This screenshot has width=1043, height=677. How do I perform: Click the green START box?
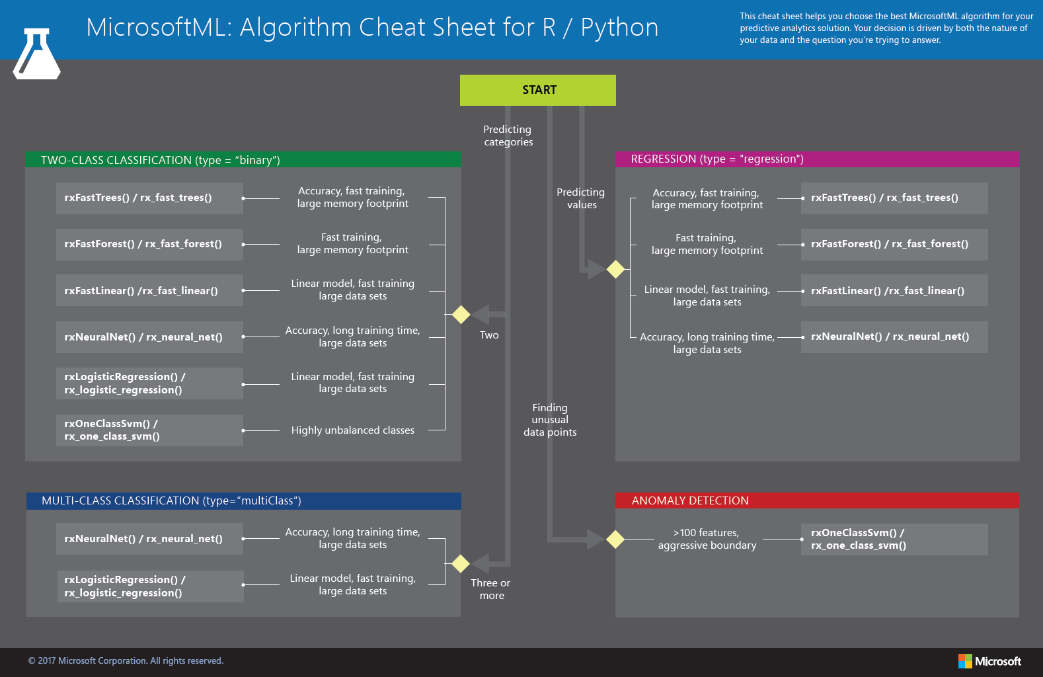[537, 90]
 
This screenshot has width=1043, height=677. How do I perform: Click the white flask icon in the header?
[37, 55]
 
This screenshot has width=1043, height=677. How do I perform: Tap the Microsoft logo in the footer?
[989, 661]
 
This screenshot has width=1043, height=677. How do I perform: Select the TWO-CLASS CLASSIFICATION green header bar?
[243, 160]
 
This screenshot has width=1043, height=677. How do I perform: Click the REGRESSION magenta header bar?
[817, 159]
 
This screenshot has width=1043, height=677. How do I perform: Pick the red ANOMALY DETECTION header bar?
[817, 500]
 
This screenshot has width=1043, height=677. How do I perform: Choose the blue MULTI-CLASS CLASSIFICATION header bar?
[243, 500]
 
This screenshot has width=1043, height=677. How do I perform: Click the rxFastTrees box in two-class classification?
[149, 198]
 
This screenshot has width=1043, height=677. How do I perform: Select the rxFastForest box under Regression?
[894, 244]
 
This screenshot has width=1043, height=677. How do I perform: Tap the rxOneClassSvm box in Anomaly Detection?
[894, 539]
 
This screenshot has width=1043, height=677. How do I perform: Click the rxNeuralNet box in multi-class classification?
[149, 539]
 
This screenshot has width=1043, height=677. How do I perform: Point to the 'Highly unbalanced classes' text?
[353, 430]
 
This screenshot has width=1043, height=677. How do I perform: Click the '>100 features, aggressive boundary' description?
[707, 539]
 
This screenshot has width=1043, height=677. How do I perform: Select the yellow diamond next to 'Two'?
[461, 315]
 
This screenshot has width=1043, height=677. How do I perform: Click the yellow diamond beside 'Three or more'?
[461, 564]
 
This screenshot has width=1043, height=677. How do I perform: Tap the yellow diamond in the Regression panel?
[615, 269]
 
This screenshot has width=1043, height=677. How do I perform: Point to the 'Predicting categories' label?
[508, 136]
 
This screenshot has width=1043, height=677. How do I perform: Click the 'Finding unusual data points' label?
[550, 420]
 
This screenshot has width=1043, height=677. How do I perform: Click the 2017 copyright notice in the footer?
[126, 660]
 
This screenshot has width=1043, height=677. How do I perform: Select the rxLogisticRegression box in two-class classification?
[149, 383]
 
